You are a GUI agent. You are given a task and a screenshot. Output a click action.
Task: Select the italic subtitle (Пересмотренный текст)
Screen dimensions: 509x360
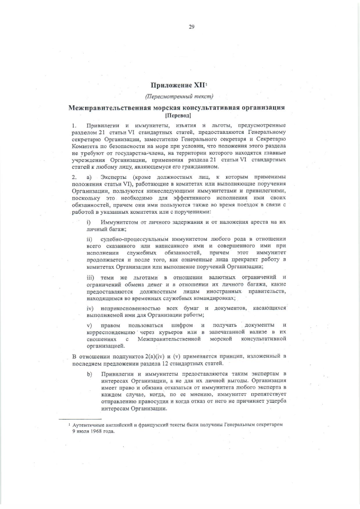[179, 96]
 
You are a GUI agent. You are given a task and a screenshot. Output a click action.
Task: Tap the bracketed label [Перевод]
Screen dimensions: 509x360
[179, 114]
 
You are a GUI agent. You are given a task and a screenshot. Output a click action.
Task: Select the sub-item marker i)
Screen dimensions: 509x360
[88, 223]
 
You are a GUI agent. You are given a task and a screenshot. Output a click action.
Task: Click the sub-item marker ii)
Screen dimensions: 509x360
[89, 240]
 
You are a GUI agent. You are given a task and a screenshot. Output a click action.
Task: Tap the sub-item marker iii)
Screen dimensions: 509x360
[90, 277]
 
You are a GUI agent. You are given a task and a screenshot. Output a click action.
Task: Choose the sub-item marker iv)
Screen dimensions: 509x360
[89, 309]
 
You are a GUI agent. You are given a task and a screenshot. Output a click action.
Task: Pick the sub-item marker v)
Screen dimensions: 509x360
[88, 326]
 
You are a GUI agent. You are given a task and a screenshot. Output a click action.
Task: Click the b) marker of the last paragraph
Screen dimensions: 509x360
[88, 373]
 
